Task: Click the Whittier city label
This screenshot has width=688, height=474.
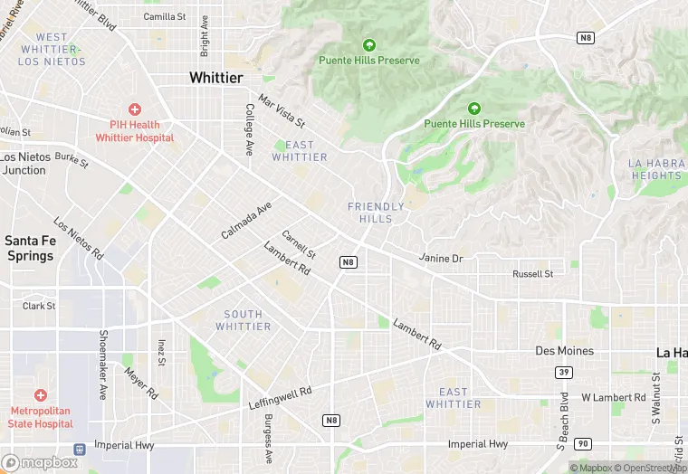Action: click(x=215, y=79)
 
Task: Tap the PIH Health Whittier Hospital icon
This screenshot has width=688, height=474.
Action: click(x=135, y=109)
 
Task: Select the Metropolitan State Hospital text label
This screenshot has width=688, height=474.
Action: click(x=41, y=418)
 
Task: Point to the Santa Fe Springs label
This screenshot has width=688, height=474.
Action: click(x=29, y=248)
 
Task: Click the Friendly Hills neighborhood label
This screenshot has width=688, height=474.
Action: click(x=377, y=213)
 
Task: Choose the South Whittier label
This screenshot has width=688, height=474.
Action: click(x=243, y=320)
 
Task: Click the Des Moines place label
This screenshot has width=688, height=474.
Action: click(x=564, y=351)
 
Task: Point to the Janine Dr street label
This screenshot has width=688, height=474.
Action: click(x=441, y=259)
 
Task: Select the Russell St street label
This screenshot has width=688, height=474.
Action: click(x=532, y=274)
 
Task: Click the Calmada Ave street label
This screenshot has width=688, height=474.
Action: click(x=245, y=222)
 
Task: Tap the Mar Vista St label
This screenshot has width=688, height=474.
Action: click(x=282, y=110)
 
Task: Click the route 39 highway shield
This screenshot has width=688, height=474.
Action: click(x=564, y=372)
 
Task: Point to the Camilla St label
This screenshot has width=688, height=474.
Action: click(x=164, y=16)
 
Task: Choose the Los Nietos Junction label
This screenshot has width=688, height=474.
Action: click(x=24, y=164)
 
